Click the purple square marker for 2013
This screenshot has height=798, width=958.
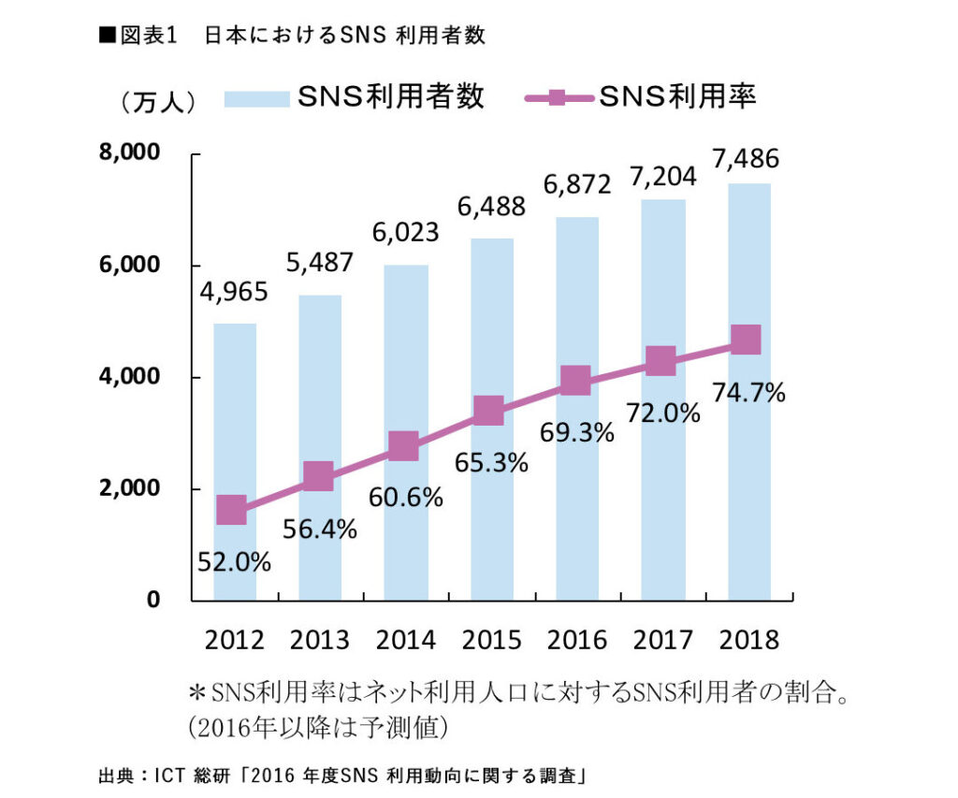point(318,476)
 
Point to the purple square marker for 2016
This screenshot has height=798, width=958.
point(574,381)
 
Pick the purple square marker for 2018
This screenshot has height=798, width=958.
point(746,340)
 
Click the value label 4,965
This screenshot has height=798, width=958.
point(234,292)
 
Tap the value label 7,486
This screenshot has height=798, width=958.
point(746,158)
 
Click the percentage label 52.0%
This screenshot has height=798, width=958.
point(234,562)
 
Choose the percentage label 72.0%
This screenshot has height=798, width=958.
point(663,412)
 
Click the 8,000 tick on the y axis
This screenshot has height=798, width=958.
point(130,152)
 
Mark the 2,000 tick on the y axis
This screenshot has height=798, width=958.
point(130,489)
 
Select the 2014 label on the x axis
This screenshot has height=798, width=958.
point(405,640)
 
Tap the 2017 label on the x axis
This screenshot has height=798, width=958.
point(663,640)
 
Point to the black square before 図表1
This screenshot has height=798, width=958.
point(106,35)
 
